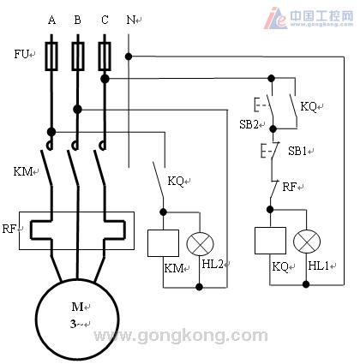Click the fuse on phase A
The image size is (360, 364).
pos(51,57)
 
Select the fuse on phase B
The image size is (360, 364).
pos(78,57)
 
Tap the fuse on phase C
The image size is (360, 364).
pos(105,57)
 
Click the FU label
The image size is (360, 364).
pos(21,54)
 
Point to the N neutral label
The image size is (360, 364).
pos(130,20)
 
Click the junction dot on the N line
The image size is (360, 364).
pos(129,57)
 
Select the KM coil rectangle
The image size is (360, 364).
pos(163,243)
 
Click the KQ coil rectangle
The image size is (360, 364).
pos(270,241)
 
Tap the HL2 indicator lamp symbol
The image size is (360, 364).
pos(200,244)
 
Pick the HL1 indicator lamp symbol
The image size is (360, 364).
pos(307,242)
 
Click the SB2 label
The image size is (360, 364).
pos(249,124)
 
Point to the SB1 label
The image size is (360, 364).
pos(297,151)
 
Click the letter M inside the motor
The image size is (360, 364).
pos(77,307)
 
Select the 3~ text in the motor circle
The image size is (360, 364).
pos(76,324)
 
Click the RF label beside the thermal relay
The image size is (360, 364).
pos(9,229)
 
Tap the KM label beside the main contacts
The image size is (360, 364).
pos(23,171)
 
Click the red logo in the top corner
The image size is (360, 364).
pos(275,18)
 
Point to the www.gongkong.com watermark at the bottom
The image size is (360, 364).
pos(181,336)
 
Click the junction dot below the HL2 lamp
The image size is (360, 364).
pos(200,287)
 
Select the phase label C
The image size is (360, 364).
pos(105,20)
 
